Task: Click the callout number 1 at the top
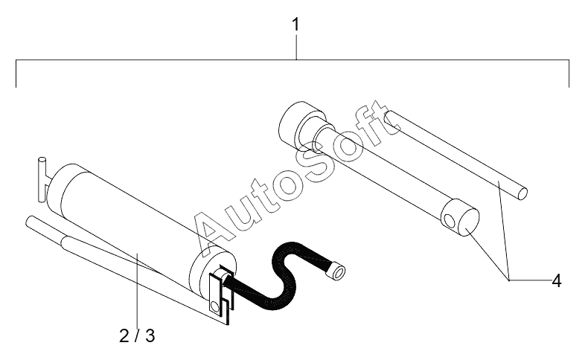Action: [x=296, y=25]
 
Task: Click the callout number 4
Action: [x=557, y=280]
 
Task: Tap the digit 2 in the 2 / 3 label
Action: [x=124, y=335]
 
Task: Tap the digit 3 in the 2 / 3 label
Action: [x=150, y=335]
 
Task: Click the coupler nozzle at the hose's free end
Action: [x=337, y=271]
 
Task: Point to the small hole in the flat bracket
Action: [x=214, y=306]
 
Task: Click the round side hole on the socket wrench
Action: [x=449, y=221]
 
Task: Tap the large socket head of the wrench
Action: [x=301, y=125]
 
